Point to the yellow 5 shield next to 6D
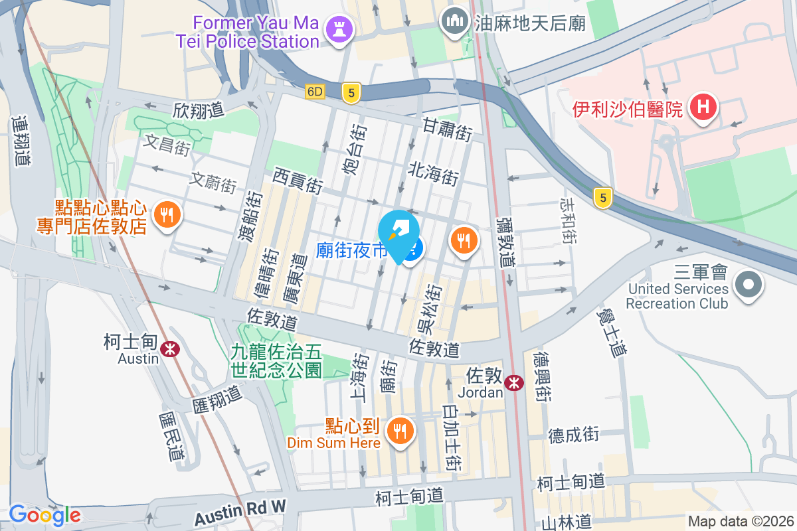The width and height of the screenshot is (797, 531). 351,93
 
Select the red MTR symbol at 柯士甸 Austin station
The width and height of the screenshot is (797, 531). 171,346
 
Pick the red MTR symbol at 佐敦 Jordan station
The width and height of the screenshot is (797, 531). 513,382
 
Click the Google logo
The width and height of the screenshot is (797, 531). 44,514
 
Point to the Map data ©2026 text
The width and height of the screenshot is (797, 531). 740,521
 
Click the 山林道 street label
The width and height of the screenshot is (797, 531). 566,522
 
